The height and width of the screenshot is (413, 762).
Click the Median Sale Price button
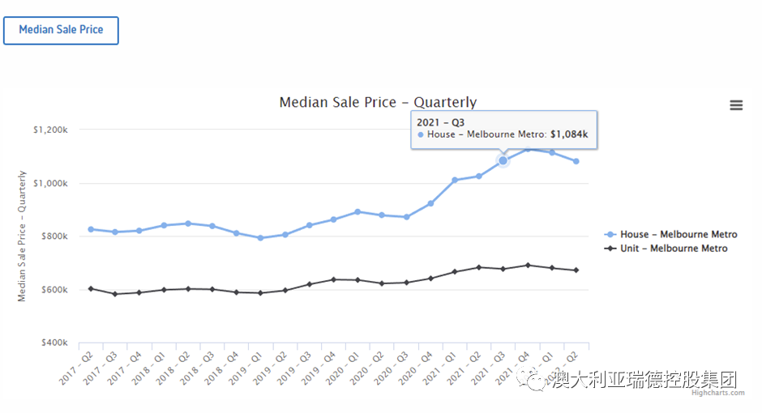(x=61, y=30)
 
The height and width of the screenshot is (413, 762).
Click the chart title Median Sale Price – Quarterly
(x=378, y=102)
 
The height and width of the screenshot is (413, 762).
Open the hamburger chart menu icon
(x=736, y=105)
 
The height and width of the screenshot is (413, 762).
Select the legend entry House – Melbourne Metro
(x=679, y=235)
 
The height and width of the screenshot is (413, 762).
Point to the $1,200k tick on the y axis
(x=50, y=130)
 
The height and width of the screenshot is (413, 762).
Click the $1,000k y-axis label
(x=50, y=183)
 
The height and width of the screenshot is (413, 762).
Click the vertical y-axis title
(x=22, y=236)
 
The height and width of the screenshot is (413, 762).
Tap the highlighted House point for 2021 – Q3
(x=503, y=160)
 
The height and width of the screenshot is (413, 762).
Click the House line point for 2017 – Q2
(x=91, y=229)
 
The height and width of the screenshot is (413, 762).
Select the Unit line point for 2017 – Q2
(x=91, y=288)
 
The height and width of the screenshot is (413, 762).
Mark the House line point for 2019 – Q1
(x=260, y=238)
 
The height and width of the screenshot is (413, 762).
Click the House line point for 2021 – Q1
(x=455, y=180)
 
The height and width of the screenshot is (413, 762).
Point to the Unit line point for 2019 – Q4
(x=333, y=279)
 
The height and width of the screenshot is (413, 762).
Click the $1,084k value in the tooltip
(x=569, y=134)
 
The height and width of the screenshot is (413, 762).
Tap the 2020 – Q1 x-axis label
(x=345, y=368)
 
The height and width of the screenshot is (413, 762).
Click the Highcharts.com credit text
(x=718, y=394)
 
